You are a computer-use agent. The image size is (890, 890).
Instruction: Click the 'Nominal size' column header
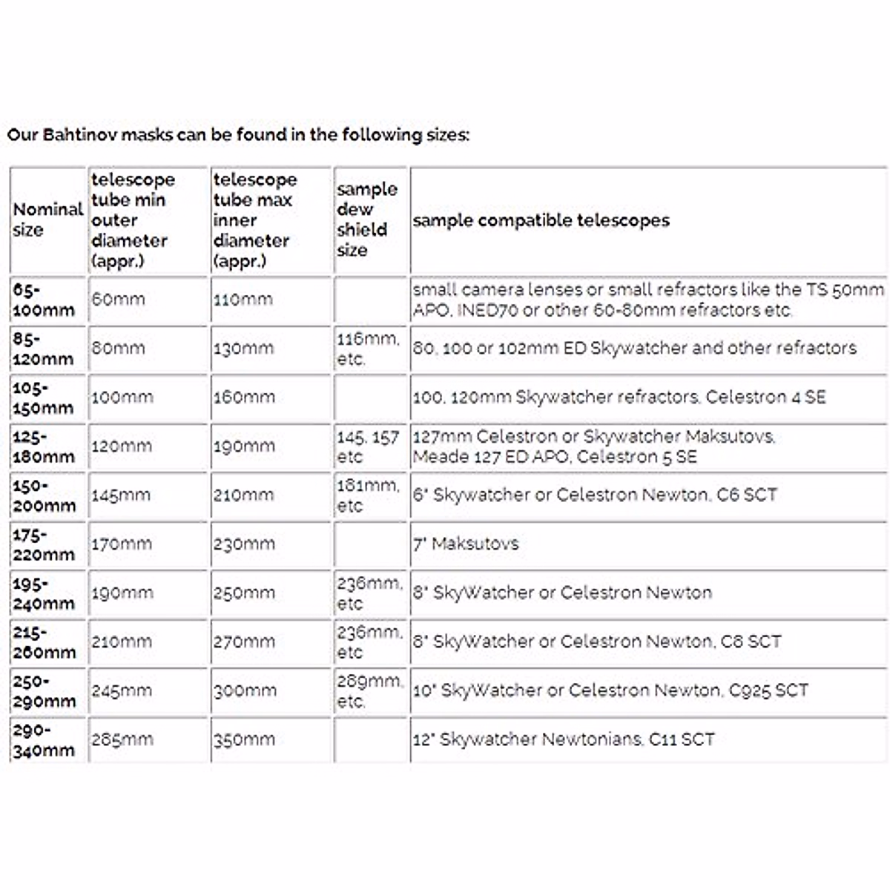(x=47, y=220)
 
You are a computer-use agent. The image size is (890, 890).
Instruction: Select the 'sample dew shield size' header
(x=366, y=220)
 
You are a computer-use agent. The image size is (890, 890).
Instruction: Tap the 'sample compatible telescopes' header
(x=541, y=220)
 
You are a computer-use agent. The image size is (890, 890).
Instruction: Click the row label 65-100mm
(x=44, y=300)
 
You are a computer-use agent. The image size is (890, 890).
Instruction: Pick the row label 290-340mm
(x=44, y=740)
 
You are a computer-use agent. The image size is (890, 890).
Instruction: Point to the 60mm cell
(x=118, y=300)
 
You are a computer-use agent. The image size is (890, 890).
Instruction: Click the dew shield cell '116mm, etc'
(x=368, y=349)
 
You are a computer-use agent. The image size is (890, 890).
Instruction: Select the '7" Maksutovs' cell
(x=466, y=544)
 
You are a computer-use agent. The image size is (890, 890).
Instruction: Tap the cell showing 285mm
(x=122, y=740)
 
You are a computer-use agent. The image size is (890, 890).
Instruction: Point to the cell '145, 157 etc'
(x=368, y=446)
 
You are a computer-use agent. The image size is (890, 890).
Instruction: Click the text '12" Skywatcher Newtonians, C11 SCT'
(x=564, y=740)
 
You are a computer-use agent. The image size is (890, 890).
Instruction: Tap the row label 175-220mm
(x=44, y=544)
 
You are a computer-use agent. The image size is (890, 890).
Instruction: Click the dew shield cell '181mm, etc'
(x=368, y=495)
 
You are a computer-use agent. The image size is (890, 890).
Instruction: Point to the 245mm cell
(x=122, y=691)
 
